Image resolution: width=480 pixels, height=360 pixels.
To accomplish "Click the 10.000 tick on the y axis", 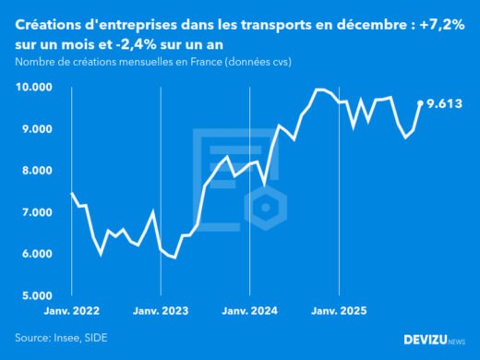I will (33, 87).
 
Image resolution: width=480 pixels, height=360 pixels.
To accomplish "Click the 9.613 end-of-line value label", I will (444, 104).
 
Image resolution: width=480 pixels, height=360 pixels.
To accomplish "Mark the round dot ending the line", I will (421, 103).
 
